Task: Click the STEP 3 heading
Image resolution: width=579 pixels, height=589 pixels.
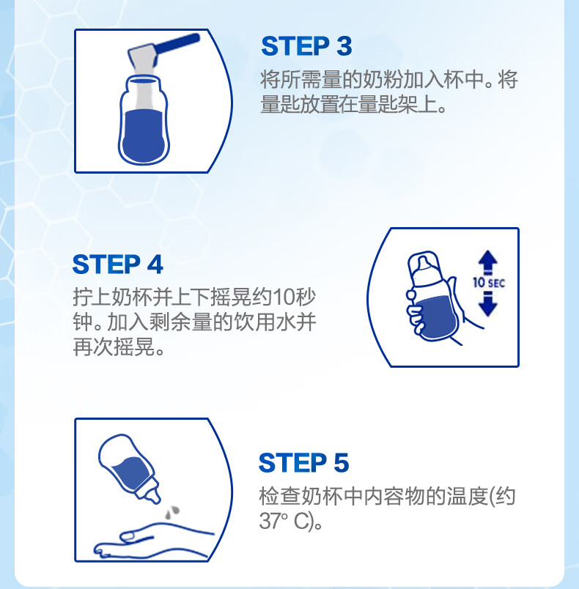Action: coord(306,46)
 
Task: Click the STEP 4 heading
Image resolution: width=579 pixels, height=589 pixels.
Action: coord(117,264)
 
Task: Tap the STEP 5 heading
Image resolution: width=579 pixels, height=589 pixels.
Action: coord(304,462)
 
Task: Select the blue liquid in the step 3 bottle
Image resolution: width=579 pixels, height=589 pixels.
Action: coord(144,136)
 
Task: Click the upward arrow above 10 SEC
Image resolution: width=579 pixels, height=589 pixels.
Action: coord(487,261)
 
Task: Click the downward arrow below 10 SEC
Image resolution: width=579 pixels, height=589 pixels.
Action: coord(487,304)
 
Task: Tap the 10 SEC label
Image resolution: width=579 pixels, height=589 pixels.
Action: coord(488,283)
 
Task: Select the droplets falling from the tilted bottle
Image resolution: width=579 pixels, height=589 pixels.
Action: coord(172,512)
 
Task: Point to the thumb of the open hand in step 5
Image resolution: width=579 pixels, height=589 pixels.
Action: coord(136,536)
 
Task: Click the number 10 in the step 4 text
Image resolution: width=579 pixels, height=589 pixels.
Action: coord(284,297)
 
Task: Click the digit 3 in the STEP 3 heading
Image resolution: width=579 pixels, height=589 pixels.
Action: coord(344,46)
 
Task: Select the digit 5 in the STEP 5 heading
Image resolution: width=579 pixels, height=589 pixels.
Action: coord(341,462)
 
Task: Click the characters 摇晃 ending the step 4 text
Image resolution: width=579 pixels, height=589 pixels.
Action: coord(134,347)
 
